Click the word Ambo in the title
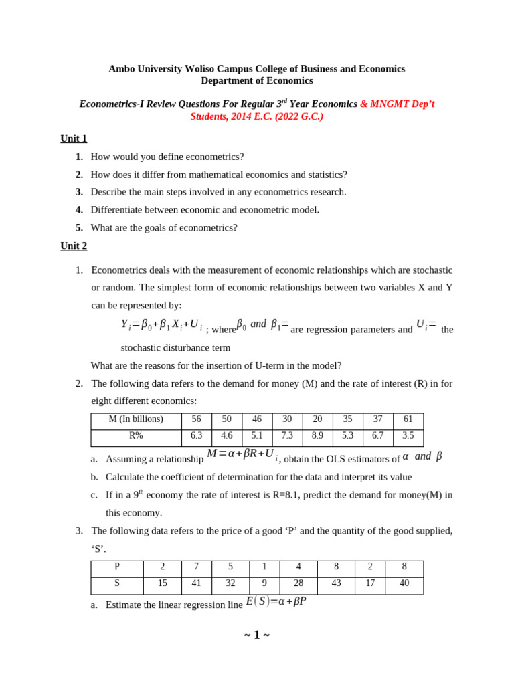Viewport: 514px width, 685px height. point(122,69)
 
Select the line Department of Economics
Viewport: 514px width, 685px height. point(256,81)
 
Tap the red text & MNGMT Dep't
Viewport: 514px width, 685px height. point(397,104)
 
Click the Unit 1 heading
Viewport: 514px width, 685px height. point(74,138)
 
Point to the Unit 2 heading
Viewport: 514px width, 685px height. point(74,246)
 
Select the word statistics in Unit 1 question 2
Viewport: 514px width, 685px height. point(324,175)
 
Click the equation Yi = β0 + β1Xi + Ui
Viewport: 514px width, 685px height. point(161,325)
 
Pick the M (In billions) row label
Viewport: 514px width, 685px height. point(136,419)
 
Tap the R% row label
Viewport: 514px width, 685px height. point(136,435)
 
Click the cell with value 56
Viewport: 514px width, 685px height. point(196,419)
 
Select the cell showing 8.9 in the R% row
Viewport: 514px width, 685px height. point(317,435)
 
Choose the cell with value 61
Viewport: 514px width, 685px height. point(408,419)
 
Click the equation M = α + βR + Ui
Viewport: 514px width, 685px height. point(242,454)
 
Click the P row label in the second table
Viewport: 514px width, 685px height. point(117,567)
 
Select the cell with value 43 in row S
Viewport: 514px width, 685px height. point(336,583)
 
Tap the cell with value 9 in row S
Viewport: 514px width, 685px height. point(264,583)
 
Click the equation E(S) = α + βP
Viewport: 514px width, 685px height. point(276,601)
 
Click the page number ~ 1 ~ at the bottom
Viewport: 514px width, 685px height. point(256,635)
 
